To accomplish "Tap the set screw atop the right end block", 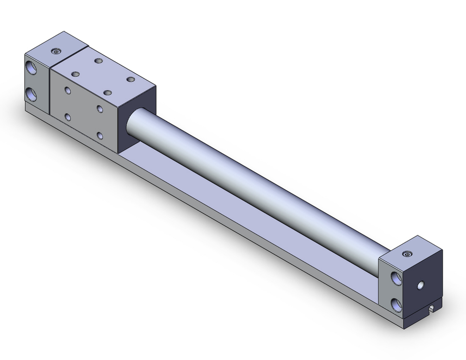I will click(x=409, y=254).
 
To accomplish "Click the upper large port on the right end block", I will click(x=397, y=278).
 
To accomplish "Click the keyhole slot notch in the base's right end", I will click(x=432, y=309).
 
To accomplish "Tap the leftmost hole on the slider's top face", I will click(x=75, y=74).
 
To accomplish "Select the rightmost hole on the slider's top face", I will click(x=130, y=80).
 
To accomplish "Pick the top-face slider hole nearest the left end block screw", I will click(x=98, y=61).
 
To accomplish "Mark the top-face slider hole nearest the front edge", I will click(x=107, y=93).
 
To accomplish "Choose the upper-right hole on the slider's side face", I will click(x=100, y=109).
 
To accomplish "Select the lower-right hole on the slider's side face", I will click(x=100, y=136).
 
